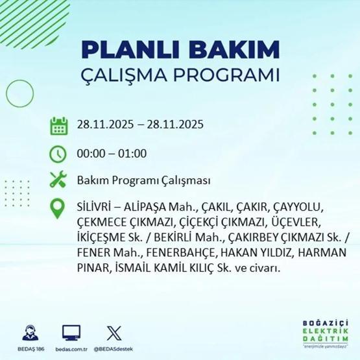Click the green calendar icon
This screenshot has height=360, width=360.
[59, 125]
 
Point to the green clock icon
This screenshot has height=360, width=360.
[59, 153]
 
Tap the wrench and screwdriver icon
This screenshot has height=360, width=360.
[59, 181]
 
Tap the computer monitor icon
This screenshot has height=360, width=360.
[71, 333]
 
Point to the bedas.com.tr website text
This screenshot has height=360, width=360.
[71, 349]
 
